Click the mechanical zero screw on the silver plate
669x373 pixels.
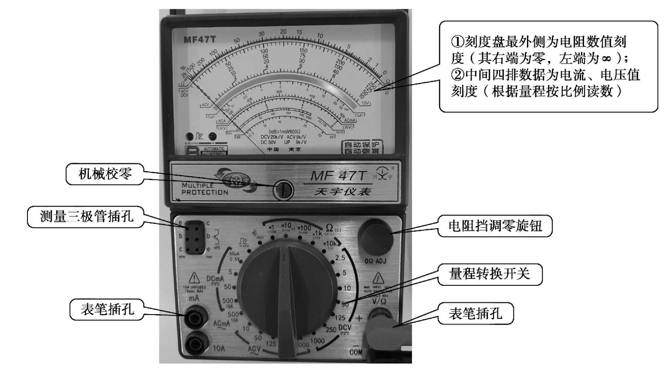click(283, 190)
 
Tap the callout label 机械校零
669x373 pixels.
click(105, 174)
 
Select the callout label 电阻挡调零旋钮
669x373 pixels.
click(495, 226)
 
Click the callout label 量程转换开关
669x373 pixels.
click(490, 274)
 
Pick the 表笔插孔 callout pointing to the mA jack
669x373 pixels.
click(107, 309)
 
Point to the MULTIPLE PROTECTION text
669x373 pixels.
click(205, 189)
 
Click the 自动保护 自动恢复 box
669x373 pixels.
click(362, 147)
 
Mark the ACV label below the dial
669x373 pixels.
click(254, 349)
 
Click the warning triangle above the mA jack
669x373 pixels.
click(193, 277)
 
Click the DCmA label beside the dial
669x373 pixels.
click(215, 279)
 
